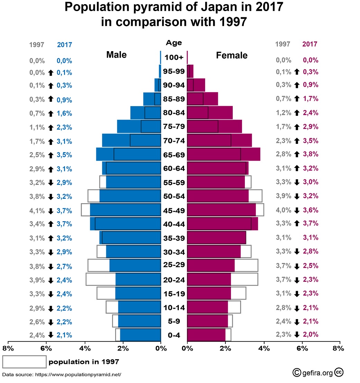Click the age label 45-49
(x=174, y=211)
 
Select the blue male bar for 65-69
(x=128, y=154)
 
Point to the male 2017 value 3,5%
(x=64, y=155)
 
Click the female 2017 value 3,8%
(x=311, y=154)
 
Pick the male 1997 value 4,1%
(x=37, y=211)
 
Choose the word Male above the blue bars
(x=116, y=55)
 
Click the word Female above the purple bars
(x=232, y=55)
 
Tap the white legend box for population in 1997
(x=24, y=362)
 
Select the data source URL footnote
(x=62, y=374)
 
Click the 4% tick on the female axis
(x=264, y=348)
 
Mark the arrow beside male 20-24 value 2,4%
(x=50, y=280)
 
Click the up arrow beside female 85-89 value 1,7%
(x=296, y=99)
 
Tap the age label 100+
(x=174, y=57)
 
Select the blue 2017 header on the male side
(x=64, y=45)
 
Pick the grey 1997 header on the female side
(x=283, y=44)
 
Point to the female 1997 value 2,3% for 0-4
(x=283, y=335)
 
